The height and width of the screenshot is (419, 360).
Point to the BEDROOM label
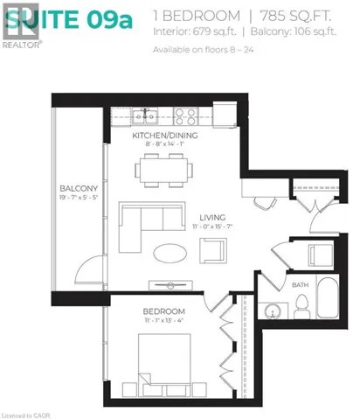[163, 312]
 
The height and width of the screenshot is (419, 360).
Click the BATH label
[301, 284]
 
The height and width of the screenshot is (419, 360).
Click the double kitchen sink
[145, 115]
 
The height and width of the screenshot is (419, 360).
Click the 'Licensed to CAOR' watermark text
[21, 413]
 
